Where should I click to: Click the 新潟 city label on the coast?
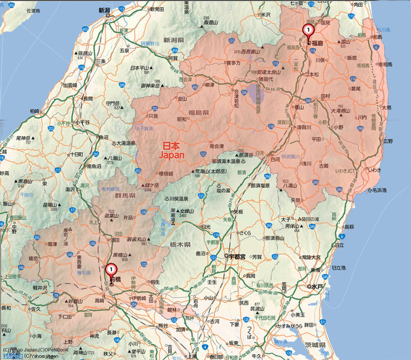click(104, 10)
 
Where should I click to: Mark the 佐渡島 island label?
click(29, 11)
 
